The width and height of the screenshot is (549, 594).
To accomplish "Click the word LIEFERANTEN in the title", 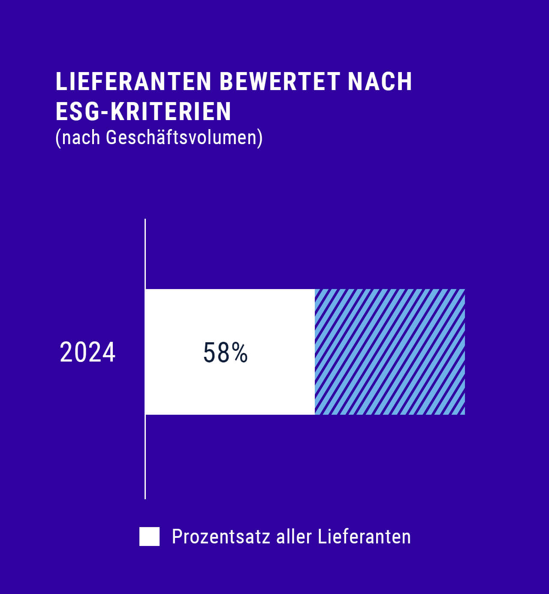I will pyautogui.click(x=133, y=81).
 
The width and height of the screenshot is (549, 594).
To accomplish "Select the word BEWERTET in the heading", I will pyautogui.click(x=280, y=81).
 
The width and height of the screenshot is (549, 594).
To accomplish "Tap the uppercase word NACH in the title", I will pyautogui.click(x=380, y=81).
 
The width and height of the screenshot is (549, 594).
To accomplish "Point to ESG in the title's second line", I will pyautogui.click(x=76, y=112).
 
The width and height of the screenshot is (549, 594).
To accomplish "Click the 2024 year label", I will pyautogui.click(x=88, y=353).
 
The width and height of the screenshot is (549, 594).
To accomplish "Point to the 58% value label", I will pyautogui.click(x=225, y=353).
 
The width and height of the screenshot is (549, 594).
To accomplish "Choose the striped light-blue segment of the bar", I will pyautogui.click(x=389, y=352).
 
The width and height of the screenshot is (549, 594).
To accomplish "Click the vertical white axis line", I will pyautogui.click(x=145, y=463).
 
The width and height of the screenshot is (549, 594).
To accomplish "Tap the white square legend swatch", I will pyautogui.click(x=149, y=537).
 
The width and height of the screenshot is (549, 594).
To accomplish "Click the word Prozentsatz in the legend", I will pyautogui.click(x=221, y=537).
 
